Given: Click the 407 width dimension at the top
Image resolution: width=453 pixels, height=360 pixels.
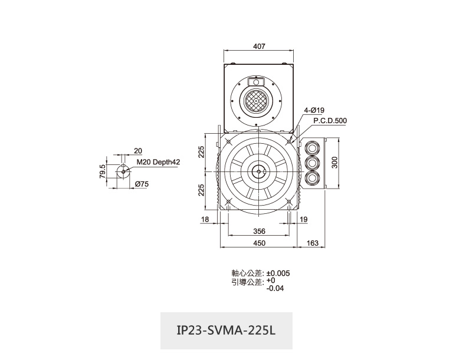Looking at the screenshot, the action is click(x=259, y=46).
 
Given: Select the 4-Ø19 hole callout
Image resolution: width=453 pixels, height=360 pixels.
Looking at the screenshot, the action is click(x=314, y=110).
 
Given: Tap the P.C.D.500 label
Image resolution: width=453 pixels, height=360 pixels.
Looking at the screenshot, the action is click(x=330, y=121).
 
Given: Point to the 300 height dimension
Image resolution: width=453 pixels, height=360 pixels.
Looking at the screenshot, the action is click(x=334, y=163).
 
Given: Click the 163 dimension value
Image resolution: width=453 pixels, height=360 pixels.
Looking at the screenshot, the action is click(x=312, y=243).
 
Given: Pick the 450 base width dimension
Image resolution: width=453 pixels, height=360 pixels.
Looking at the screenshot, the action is click(x=259, y=243).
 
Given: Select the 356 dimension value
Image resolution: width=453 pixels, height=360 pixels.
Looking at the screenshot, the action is click(x=259, y=231).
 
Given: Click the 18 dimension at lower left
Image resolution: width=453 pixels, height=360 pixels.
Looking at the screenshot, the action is click(x=205, y=219).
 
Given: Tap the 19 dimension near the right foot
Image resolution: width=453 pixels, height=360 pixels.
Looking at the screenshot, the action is click(x=304, y=219).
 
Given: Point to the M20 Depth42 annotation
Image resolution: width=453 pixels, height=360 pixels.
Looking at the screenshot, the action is click(x=158, y=162).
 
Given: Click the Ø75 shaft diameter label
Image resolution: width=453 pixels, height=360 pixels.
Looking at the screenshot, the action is click(x=142, y=184).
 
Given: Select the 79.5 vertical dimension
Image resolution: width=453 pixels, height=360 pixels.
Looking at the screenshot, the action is click(x=103, y=171).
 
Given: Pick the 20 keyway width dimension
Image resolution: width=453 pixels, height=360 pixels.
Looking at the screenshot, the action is click(x=138, y=151).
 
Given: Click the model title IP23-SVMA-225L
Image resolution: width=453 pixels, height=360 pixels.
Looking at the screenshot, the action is click(x=226, y=331).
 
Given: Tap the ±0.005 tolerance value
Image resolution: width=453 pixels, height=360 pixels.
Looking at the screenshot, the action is click(x=278, y=273).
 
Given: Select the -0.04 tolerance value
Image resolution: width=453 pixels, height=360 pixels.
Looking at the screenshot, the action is click(x=275, y=288).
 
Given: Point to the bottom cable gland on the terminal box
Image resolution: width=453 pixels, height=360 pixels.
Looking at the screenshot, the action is click(x=312, y=178).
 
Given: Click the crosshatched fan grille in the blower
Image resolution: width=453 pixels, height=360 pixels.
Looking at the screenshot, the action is click(x=256, y=101).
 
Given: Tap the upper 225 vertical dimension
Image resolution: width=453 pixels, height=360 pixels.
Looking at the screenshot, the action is click(x=201, y=152).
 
